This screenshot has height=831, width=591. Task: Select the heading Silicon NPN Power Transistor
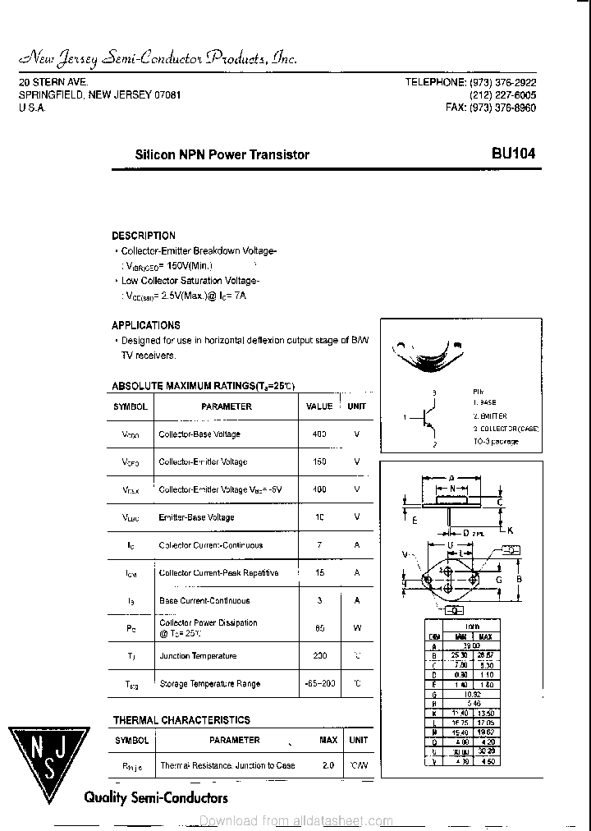coord(222,154)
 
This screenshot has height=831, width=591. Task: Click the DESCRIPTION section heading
coord(144,236)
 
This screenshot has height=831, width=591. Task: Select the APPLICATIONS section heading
coord(146,325)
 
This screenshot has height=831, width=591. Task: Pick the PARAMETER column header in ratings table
coord(227,406)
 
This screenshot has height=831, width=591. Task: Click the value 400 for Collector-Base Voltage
coord(319,434)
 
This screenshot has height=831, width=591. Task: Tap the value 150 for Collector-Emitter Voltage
coord(319,462)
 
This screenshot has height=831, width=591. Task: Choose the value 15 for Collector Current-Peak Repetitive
coord(319,573)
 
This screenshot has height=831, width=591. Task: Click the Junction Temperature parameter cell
coord(198,656)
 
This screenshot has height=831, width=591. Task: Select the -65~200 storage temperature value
coord(319,684)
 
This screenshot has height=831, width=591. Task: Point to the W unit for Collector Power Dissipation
coord(357,628)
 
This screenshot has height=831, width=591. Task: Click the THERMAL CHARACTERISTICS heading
coord(181,720)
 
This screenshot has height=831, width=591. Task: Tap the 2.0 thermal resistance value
coord(328,766)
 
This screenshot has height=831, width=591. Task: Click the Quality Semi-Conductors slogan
coord(156,797)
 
